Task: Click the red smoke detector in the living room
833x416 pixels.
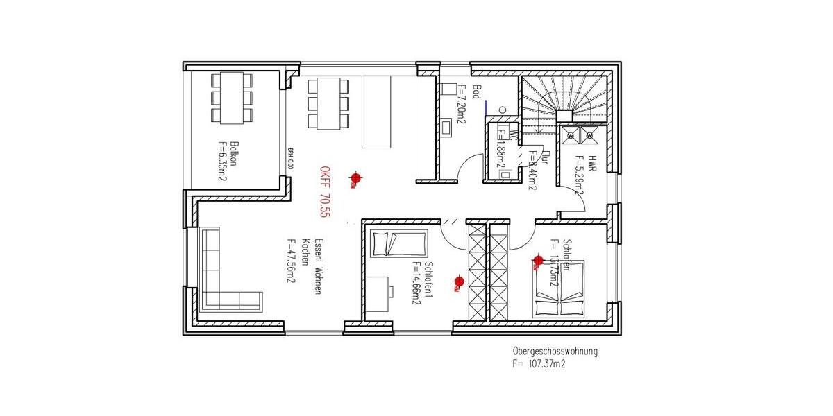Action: point(355,178)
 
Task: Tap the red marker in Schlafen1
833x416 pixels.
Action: point(458,281)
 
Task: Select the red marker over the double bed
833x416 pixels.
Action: point(538,261)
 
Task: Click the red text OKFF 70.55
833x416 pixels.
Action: point(323,193)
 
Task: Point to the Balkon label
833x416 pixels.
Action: point(234,153)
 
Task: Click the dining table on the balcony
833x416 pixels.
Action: point(232,98)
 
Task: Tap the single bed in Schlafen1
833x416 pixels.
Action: point(398,244)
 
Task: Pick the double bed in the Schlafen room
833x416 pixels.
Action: point(559,289)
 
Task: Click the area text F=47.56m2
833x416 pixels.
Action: point(292,261)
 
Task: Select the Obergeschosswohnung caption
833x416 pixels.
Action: point(555,352)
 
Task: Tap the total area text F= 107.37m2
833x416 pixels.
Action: point(539,363)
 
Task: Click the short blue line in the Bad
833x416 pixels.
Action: point(486,107)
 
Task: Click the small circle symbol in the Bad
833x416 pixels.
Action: point(503,109)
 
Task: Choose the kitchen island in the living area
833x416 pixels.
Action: point(376,111)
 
